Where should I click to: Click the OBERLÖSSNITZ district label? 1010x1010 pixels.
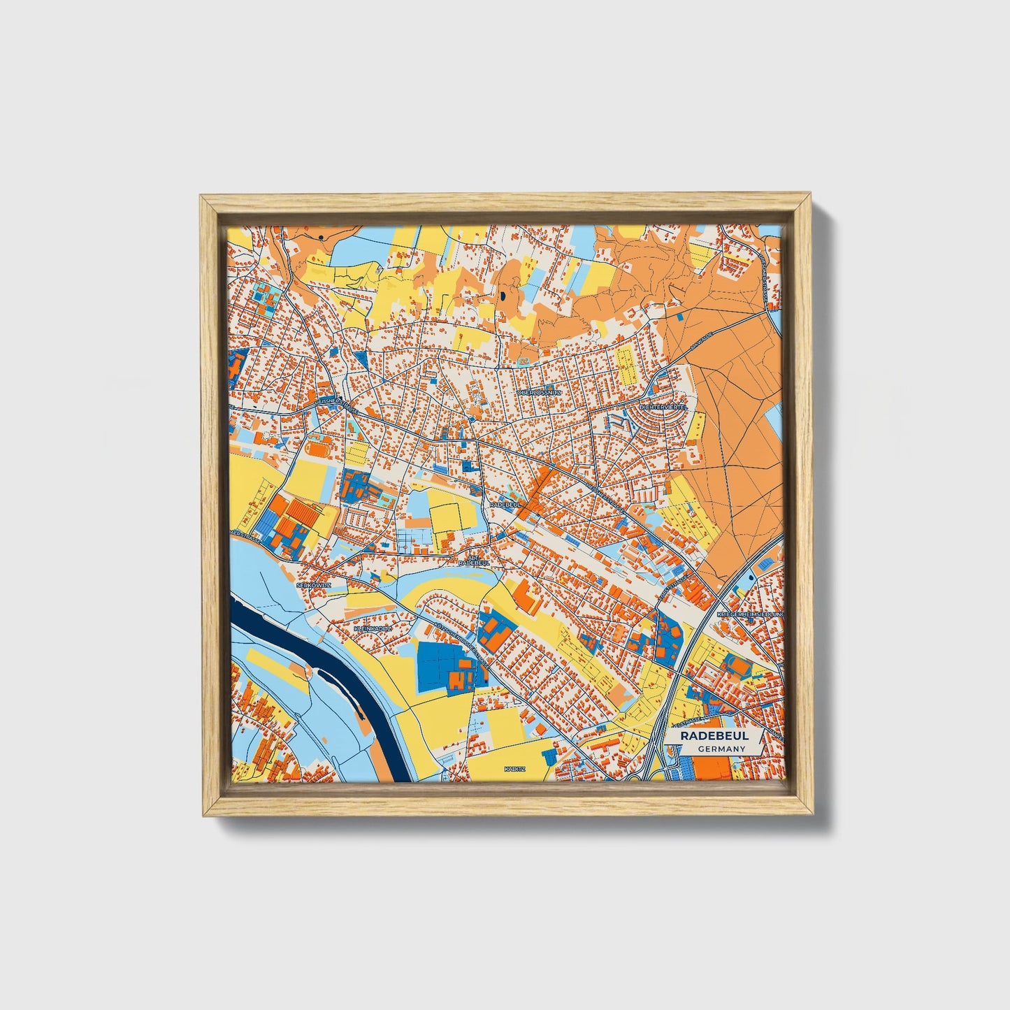coord(539,393)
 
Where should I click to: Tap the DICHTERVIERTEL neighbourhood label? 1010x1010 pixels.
coord(663,406)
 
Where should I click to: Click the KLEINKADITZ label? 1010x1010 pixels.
coord(373,629)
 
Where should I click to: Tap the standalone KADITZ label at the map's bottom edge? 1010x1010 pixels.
coord(514,769)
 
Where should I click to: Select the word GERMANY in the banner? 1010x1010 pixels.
coord(721,749)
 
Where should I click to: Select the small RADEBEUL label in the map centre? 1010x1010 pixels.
coord(506,504)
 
